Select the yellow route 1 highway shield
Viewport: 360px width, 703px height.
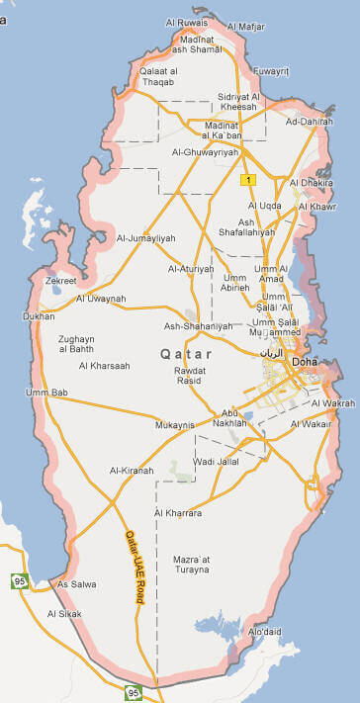(248, 179)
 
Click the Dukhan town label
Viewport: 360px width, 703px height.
(40, 317)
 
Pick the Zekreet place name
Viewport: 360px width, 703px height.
(60, 281)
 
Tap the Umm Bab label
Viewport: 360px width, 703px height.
(45, 393)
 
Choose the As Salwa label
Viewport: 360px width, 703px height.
(77, 584)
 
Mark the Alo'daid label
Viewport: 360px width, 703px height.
(265, 631)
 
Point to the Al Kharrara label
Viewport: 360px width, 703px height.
(178, 513)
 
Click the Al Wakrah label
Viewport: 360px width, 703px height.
(332, 403)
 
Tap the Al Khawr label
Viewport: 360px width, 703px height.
(316, 206)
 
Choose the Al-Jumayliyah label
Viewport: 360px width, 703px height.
(145, 238)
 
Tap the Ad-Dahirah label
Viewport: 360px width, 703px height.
(309, 122)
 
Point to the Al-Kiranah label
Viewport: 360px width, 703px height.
(132, 470)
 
